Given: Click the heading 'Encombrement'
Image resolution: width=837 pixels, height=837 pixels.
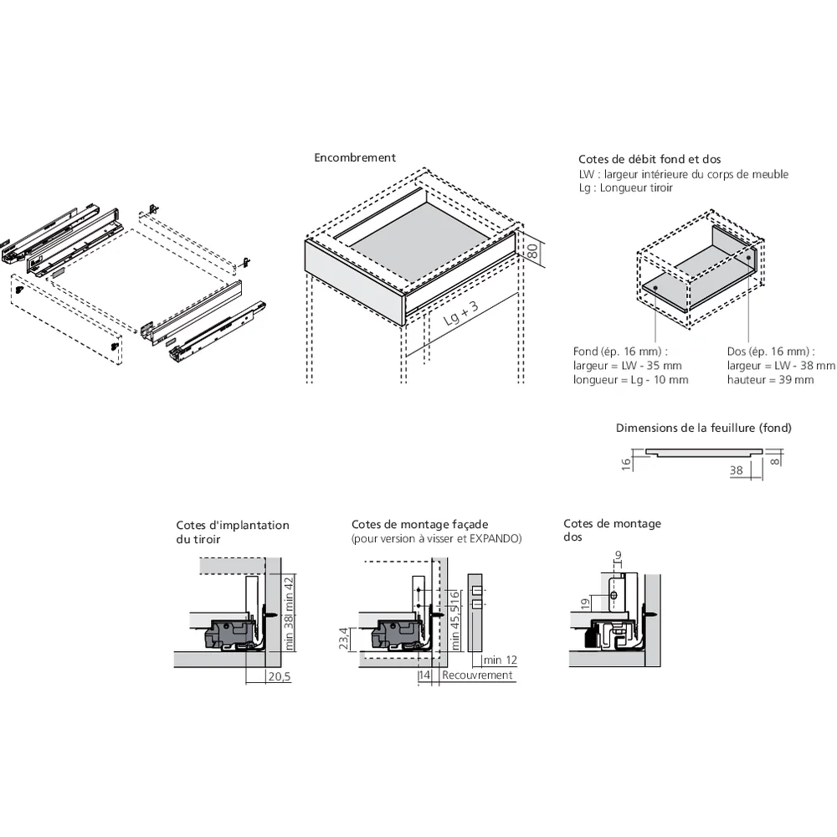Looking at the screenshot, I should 355,157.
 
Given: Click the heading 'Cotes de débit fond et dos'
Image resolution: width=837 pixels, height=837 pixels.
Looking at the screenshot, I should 650,159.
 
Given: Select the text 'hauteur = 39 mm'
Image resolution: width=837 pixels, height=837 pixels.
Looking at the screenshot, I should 770,379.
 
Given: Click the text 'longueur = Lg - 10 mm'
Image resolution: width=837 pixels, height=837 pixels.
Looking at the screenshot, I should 631,379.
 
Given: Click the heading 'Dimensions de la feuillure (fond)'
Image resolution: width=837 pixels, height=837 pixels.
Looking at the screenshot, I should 703,428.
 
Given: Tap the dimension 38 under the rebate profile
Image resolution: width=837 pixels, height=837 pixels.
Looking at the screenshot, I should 736,470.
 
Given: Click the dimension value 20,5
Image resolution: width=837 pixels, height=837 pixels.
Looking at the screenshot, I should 278,676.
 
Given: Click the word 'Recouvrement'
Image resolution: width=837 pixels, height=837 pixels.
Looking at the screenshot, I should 477,675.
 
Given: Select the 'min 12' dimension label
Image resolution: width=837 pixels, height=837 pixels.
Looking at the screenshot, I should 500,660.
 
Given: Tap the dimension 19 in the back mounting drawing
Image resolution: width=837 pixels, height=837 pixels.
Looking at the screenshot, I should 586,603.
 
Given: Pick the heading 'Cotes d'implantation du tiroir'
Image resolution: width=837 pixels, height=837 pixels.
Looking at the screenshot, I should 232,531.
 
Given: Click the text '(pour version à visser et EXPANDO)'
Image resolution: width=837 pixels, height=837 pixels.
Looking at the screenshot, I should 436,538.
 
